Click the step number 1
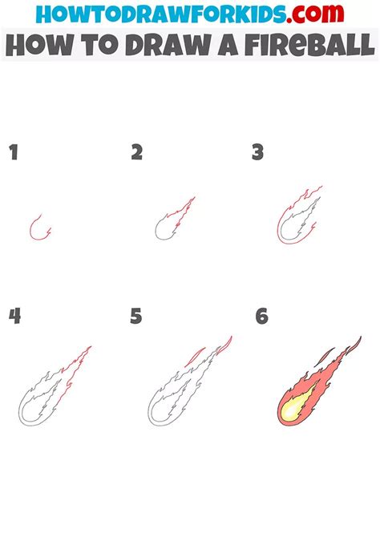tap(14, 152)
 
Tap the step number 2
tap(136, 152)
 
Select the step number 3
tap(258, 152)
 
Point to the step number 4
tap(14, 316)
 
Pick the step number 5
tap(136, 316)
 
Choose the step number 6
tap(261, 316)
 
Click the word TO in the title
tap(95, 46)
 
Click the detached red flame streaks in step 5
tap(210, 352)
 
